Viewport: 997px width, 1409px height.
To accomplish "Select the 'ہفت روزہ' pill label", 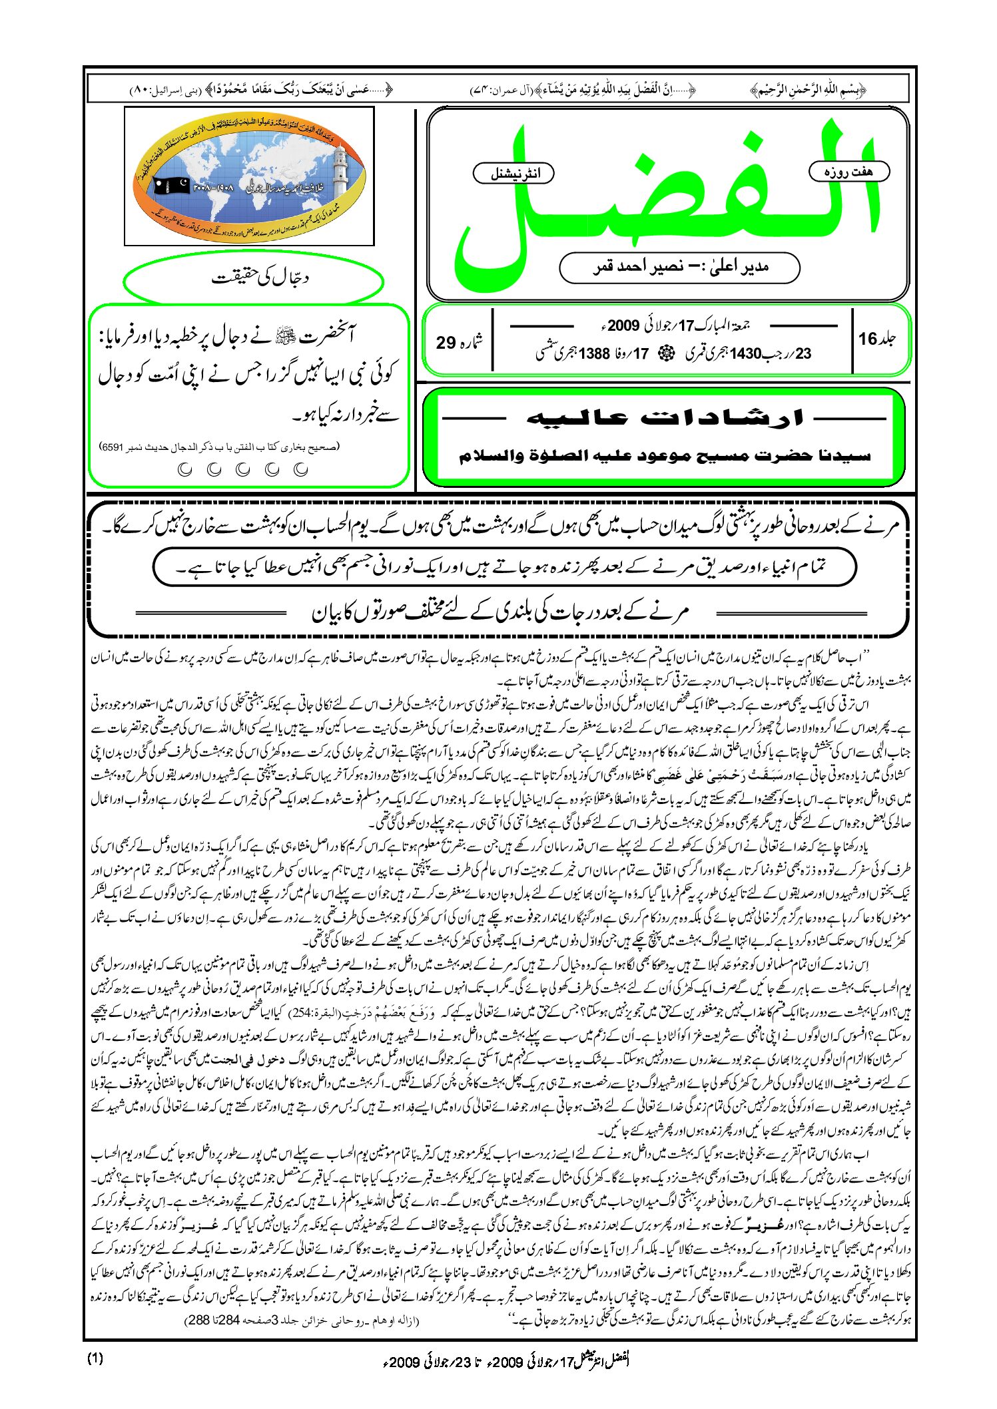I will click(x=848, y=172).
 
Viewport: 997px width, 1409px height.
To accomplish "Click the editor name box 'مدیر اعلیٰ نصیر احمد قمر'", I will click(x=679, y=268).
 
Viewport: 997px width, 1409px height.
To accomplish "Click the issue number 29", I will click(x=446, y=343).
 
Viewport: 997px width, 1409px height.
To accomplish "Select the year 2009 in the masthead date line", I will click(x=623, y=326).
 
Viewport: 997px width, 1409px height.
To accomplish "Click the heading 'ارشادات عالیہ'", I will click(x=665, y=419).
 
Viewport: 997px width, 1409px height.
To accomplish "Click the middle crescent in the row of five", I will click(x=243, y=470).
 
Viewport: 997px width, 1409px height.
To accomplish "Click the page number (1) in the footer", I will click(x=95, y=1358).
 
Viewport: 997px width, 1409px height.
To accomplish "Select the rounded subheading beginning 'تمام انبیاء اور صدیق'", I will click(x=504, y=568).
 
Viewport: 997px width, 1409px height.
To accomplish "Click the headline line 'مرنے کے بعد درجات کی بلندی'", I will click(x=499, y=612).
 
